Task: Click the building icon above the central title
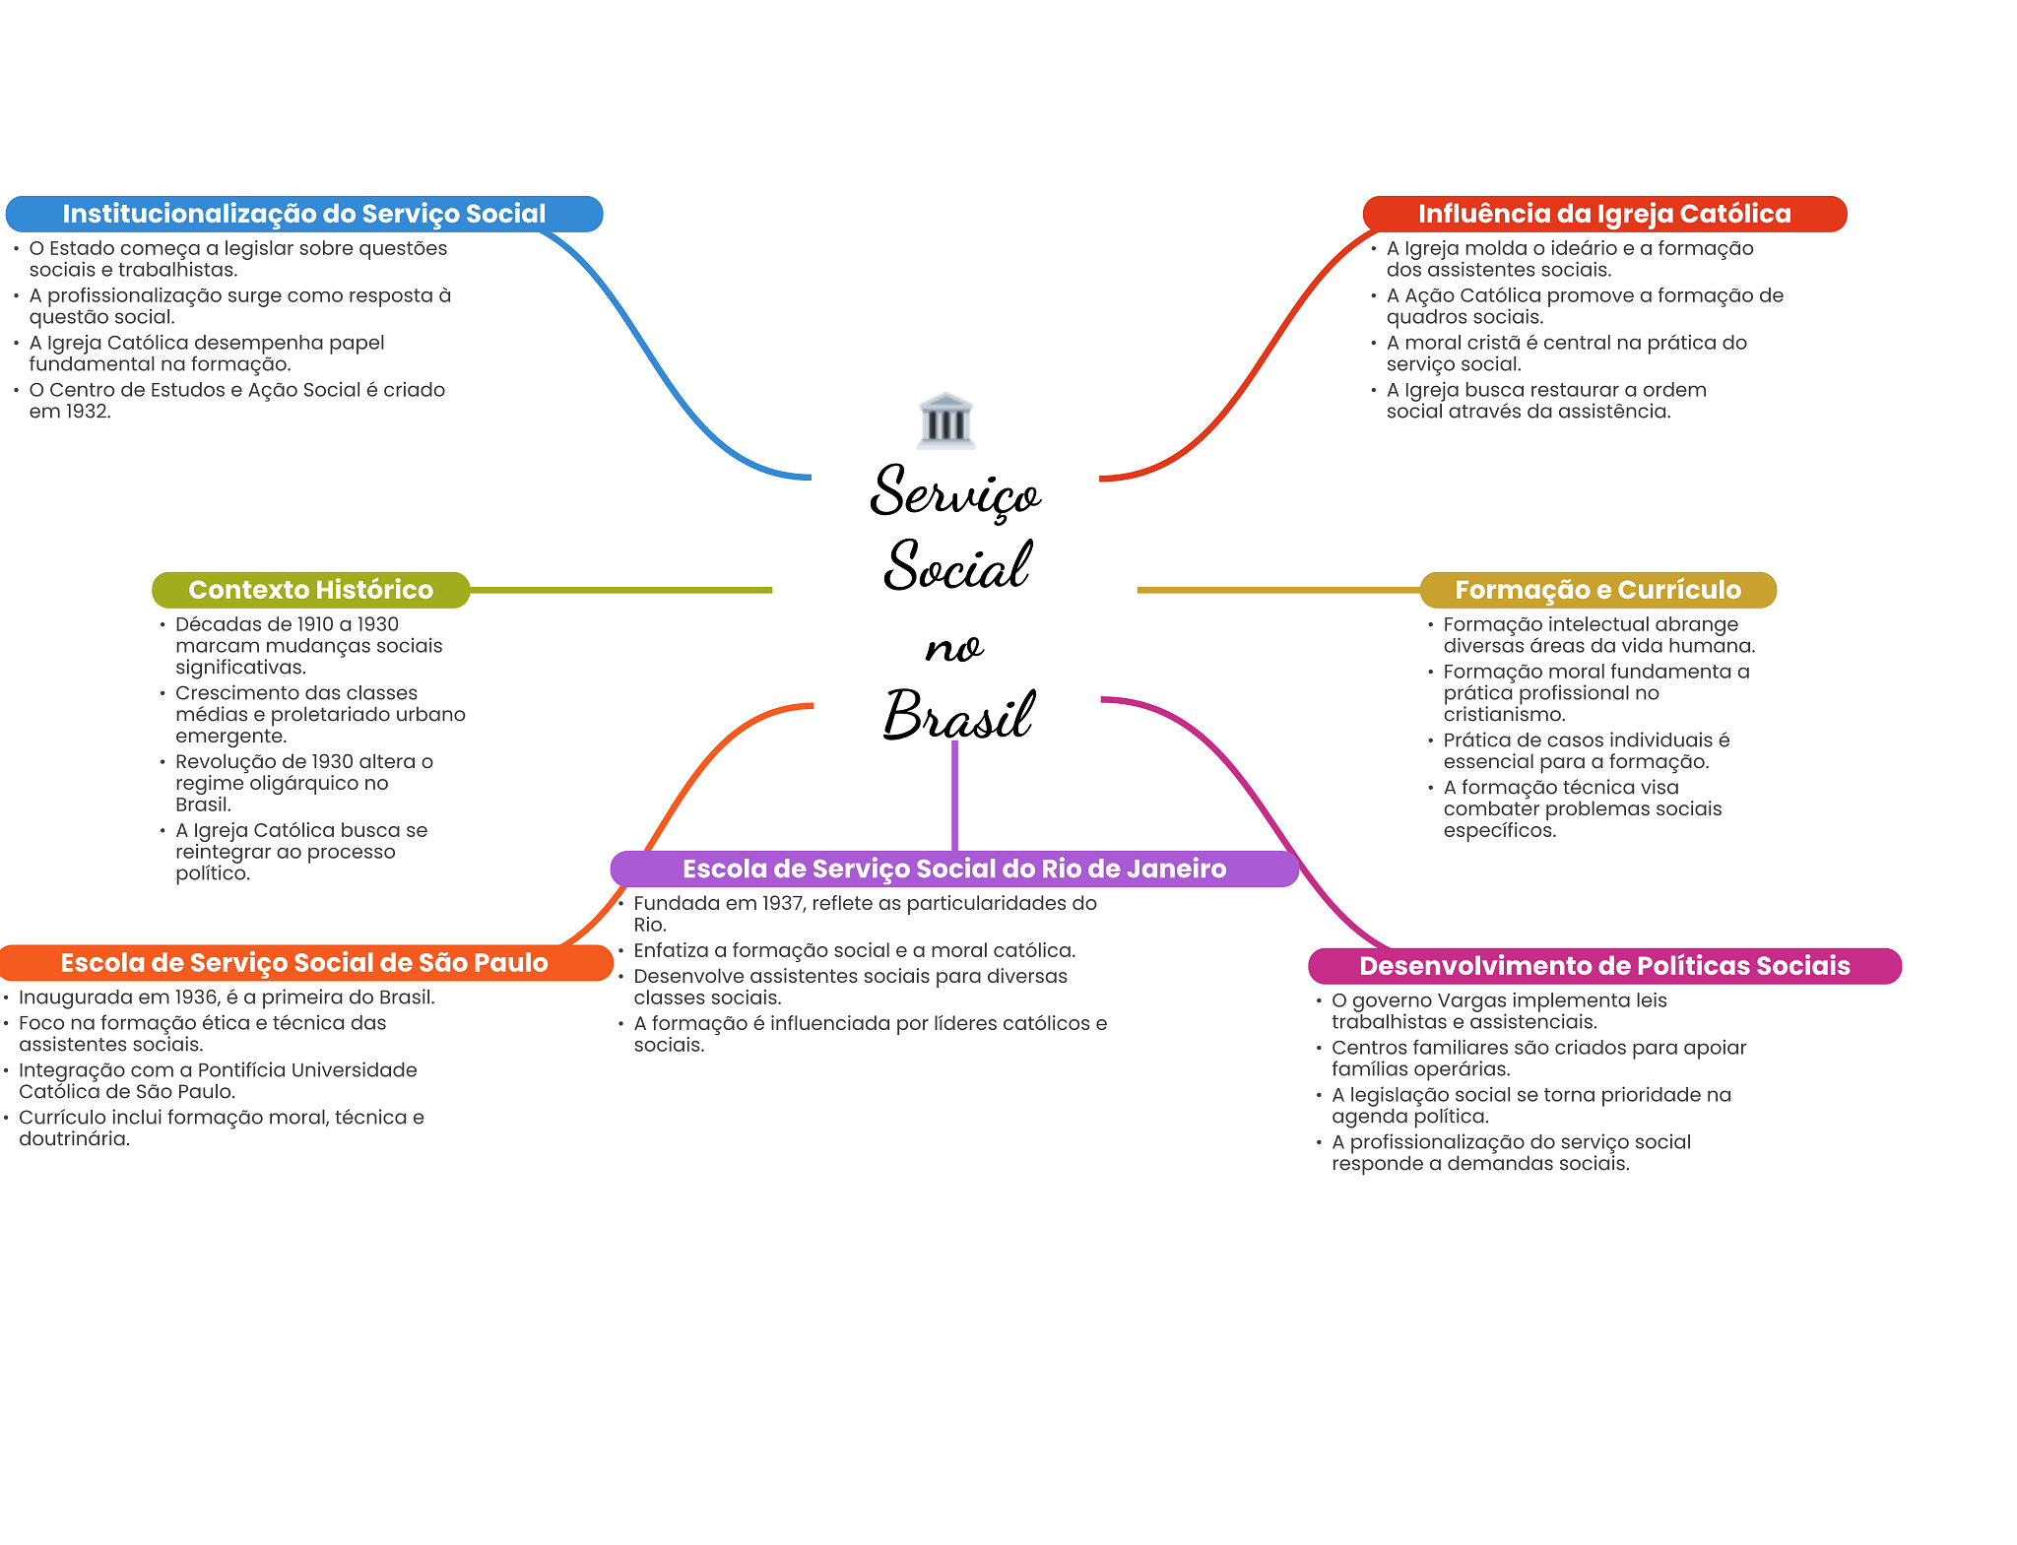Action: [x=945, y=420]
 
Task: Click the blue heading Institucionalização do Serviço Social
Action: [x=303, y=214]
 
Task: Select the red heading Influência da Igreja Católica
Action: [x=1603, y=214]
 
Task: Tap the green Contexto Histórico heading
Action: [x=310, y=590]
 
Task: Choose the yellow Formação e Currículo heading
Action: [x=1597, y=590]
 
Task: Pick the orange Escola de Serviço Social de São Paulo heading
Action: [x=303, y=963]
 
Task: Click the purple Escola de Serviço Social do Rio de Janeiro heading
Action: [x=953, y=869]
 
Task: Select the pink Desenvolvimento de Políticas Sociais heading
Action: [x=1603, y=966]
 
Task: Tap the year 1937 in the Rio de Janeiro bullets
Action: [x=783, y=903]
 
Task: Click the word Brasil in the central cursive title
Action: [x=957, y=716]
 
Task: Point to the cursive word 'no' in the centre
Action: [x=953, y=648]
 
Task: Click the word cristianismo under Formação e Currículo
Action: [x=1503, y=715]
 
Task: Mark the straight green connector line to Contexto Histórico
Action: [x=620, y=590]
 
